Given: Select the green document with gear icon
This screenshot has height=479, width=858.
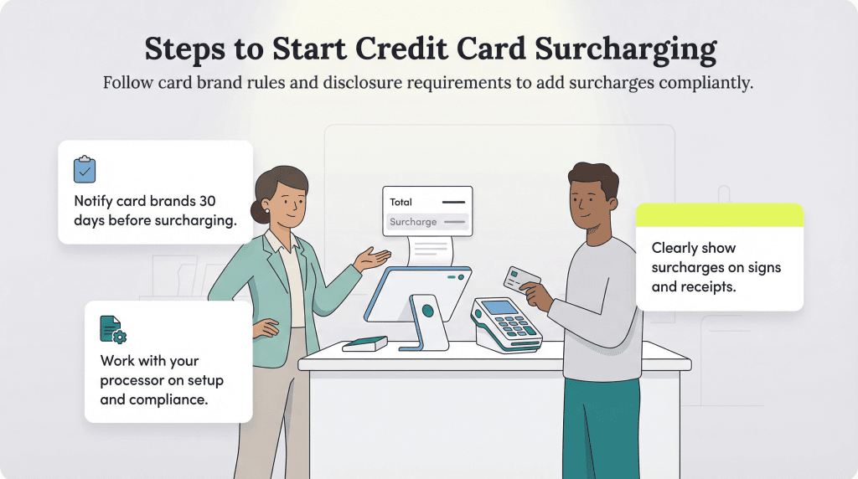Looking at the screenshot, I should pos(112,329).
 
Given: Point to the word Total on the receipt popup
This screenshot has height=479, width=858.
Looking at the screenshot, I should pos(401,202).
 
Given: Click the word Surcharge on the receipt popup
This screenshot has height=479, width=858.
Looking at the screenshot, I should pos(413,222).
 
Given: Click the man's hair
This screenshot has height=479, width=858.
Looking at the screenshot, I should pos(593,178).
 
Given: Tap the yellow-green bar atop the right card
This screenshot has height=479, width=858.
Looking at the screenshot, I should pos(719,215).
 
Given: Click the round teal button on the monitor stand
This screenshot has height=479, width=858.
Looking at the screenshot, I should pos(427,310).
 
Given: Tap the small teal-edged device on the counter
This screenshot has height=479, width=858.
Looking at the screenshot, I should pos(365,343).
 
